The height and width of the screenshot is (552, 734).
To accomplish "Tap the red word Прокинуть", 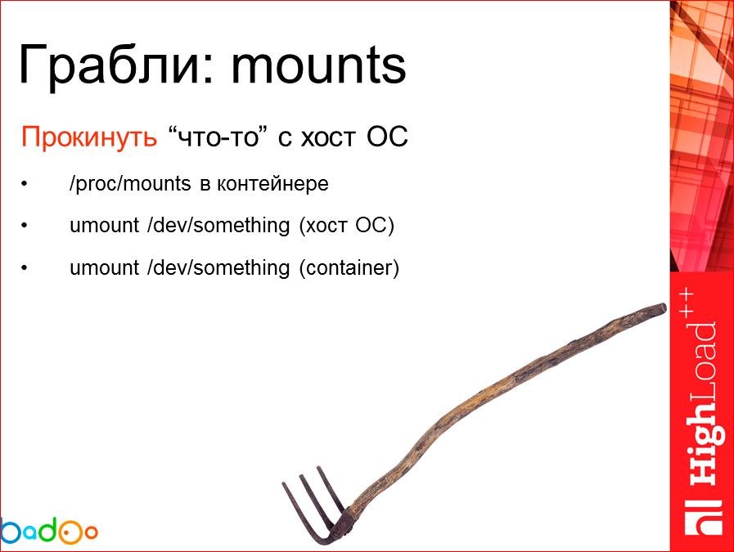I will click(88, 137).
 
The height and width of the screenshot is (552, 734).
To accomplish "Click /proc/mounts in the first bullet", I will click(130, 183).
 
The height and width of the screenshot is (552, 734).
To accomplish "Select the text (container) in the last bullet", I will click(349, 267).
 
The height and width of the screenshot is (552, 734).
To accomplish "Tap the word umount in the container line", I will click(105, 267).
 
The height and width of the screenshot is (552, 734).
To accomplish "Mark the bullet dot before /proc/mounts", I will click(25, 184).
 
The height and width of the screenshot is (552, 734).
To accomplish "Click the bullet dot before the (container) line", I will click(25, 268).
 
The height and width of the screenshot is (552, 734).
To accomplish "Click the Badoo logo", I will click(49, 531).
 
